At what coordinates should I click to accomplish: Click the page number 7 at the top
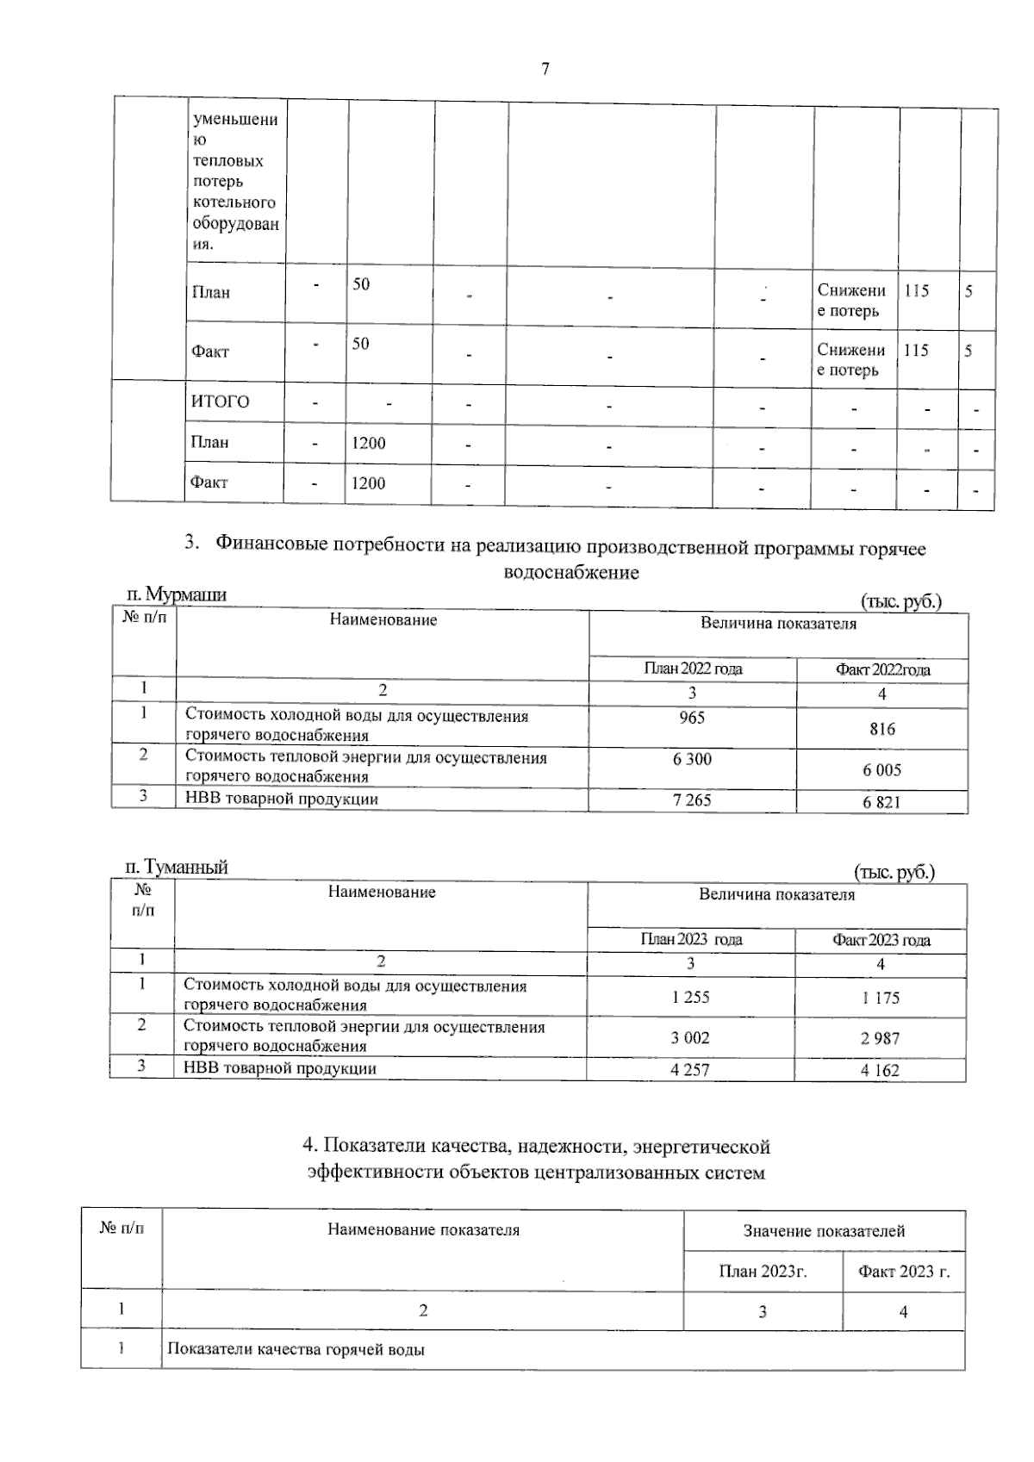(x=545, y=70)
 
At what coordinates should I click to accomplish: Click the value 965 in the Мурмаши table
(x=691, y=718)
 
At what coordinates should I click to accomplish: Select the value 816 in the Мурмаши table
(x=881, y=729)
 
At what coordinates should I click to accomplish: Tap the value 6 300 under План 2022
(x=691, y=759)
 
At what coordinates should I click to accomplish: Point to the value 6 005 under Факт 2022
(x=881, y=770)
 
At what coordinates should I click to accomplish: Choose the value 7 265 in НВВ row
(x=691, y=800)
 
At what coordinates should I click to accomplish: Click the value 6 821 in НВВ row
(x=881, y=802)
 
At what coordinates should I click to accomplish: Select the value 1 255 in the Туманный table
(x=690, y=997)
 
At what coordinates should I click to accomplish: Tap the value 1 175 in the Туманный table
(x=880, y=998)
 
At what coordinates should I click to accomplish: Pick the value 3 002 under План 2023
(x=690, y=1037)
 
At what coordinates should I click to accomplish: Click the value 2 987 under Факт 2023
(x=880, y=1038)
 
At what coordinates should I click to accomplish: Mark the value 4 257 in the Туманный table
(x=690, y=1070)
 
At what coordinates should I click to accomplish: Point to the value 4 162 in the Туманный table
(x=880, y=1071)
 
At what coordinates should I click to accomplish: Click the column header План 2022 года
(x=693, y=669)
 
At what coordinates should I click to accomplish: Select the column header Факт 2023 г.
(x=903, y=1272)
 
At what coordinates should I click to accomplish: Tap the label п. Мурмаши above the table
(x=176, y=594)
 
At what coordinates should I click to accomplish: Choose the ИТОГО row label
(x=220, y=402)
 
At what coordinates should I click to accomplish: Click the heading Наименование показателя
(x=423, y=1230)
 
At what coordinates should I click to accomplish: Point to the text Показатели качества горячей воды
(x=296, y=1350)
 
